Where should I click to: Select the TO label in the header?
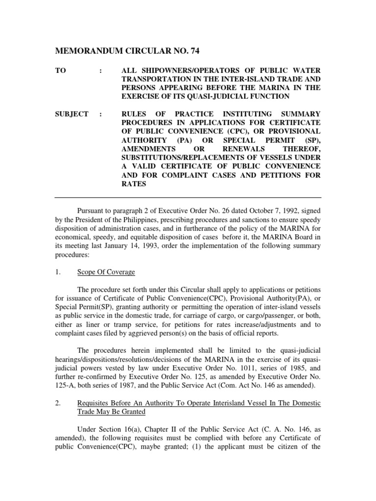[x=61, y=71]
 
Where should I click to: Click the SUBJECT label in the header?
[x=71, y=114]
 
